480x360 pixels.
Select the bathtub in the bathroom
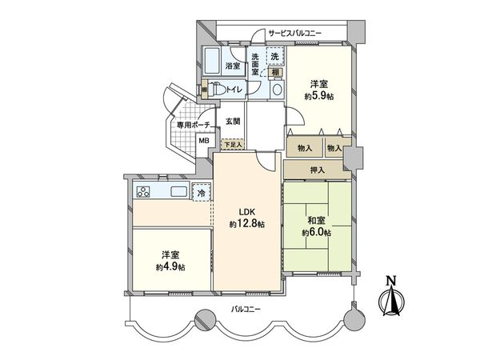click(214, 62)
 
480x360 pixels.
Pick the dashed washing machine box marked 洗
click(274, 57)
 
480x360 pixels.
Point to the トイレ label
click(234, 90)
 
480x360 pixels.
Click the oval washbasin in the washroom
click(275, 90)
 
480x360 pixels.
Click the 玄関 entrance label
click(232, 121)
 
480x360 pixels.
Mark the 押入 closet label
click(317, 170)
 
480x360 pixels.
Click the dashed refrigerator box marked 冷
click(202, 193)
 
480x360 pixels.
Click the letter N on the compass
click(391, 281)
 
